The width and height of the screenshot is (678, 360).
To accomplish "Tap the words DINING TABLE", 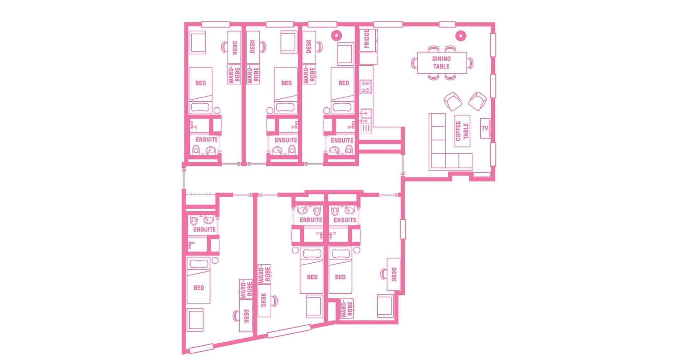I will point(441,63).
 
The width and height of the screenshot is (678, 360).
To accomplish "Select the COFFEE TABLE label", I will point(462,131).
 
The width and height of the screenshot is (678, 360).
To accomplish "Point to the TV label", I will point(485,128).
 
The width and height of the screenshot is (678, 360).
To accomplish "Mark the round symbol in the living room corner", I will point(460,35).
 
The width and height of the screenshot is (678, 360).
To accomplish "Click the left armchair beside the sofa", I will point(453,101).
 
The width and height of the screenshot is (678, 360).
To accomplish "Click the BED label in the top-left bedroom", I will point(201,83).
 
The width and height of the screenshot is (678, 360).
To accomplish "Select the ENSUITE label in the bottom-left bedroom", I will point(204,229).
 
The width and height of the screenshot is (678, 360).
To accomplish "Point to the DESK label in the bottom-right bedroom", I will point(394,274).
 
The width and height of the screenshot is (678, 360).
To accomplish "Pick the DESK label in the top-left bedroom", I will point(234,48).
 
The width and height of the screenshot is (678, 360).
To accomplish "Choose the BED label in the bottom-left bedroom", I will point(199,288).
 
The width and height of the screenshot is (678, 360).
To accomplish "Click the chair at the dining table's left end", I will point(414,63).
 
